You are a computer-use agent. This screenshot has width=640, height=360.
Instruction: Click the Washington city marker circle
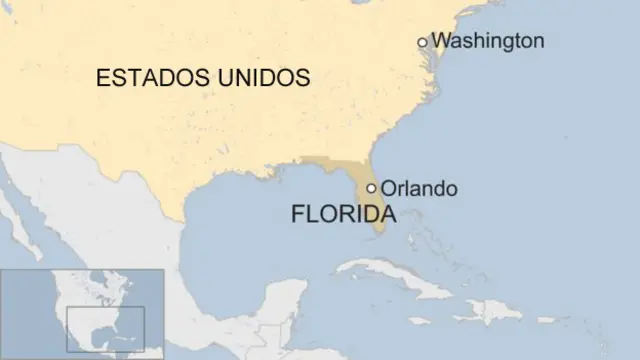[423, 42]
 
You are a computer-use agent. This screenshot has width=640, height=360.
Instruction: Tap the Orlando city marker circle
[372, 188]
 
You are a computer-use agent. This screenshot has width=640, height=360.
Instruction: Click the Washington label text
[489, 41]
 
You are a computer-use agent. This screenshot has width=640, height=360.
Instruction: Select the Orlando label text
[419, 188]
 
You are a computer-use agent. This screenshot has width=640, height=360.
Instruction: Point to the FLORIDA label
[343, 214]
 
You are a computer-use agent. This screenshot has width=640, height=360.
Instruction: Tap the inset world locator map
[82, 313]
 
